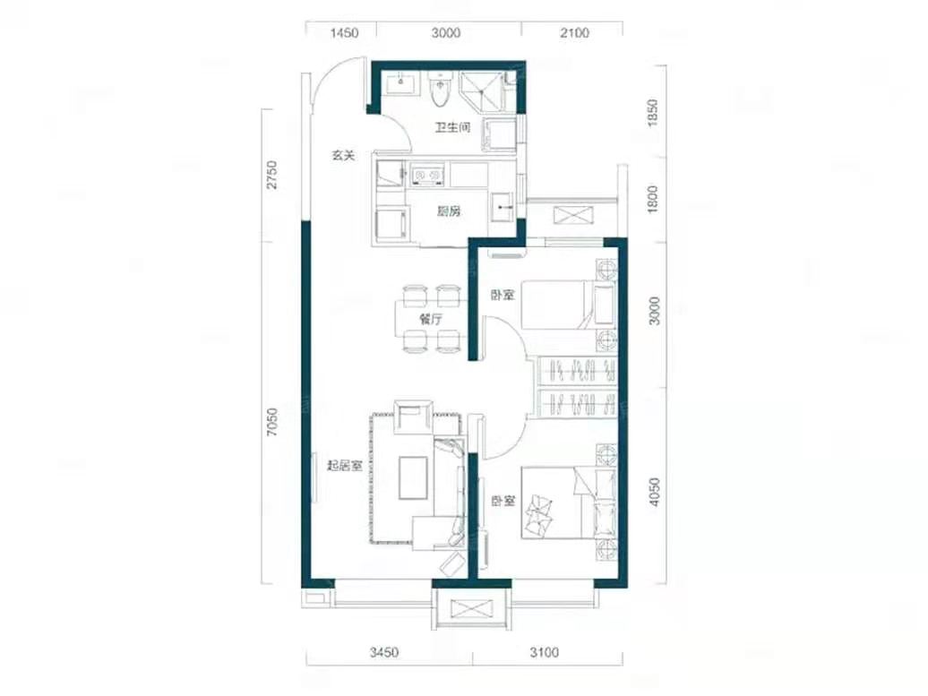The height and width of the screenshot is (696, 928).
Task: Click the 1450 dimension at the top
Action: [344, 33]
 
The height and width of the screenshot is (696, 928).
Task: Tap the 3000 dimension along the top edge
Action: [446, 33]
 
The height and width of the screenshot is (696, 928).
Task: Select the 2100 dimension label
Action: [574, 33]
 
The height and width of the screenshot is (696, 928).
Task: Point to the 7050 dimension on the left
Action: [271, 423]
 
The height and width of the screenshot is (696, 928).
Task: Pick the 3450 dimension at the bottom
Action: [384, 652]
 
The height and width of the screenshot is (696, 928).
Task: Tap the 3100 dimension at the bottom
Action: [544, 652]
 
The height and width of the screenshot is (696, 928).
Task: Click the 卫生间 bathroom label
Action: [452, 127]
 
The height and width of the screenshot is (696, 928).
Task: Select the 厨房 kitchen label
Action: [449, 211]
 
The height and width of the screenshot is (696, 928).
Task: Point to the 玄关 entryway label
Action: [343, 156]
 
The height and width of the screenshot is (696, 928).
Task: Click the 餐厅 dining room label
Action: [431, 320]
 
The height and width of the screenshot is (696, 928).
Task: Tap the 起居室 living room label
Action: [345, 466]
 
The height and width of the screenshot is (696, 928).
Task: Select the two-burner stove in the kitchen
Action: [427, 175]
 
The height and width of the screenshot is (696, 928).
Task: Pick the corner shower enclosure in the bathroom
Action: [481, 92]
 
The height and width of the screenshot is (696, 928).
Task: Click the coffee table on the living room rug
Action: [413, 477]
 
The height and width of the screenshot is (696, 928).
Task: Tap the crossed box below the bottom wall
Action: [471, 610]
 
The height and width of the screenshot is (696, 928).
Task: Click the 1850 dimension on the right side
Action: [652, 112]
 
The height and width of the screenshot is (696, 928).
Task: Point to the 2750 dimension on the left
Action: [271, 176]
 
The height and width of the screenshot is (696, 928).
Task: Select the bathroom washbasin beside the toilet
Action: [402, 84]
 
